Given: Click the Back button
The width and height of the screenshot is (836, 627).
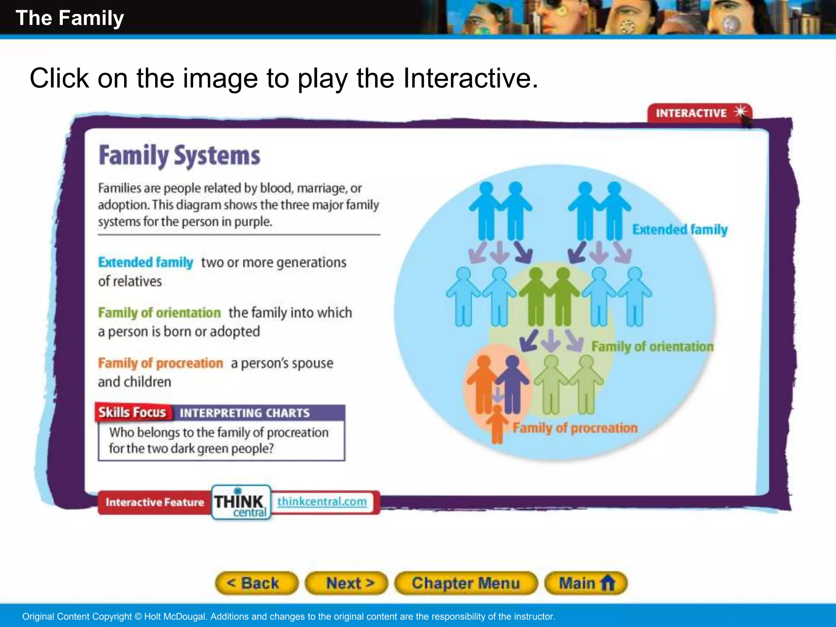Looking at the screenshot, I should [256, 583].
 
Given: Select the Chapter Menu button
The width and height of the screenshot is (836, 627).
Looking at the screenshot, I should [466, 583].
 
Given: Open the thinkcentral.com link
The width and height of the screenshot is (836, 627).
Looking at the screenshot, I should [322, 501].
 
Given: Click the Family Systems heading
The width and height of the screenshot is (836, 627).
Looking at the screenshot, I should [179, 156].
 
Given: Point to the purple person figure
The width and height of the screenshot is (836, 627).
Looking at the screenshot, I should [512, 384].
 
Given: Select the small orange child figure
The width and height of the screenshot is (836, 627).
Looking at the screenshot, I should [497, 425].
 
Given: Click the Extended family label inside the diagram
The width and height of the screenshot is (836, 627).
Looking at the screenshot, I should [680, 229].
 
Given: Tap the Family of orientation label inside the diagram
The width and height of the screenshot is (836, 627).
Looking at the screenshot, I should [652, 347].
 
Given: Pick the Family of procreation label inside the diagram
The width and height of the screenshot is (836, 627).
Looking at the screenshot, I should [575, 428].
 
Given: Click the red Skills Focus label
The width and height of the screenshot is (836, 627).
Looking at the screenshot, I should [133, 413].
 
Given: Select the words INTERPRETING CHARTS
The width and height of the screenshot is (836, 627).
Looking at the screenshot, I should [245, 413].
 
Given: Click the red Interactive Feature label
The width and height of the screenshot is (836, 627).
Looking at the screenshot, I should [155, 502].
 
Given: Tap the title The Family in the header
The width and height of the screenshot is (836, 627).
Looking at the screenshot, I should [70, 18].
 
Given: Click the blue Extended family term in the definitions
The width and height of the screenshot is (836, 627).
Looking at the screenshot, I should [146, 262].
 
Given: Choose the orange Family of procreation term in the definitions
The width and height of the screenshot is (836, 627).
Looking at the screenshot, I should [160, 363].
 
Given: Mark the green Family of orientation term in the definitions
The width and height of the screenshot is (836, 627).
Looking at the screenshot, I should [159, 313].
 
